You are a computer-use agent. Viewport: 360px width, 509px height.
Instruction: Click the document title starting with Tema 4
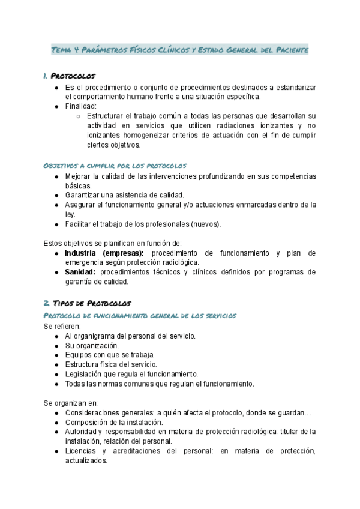coord(180,50)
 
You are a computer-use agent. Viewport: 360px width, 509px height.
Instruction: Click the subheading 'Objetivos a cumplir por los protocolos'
coord(115,165)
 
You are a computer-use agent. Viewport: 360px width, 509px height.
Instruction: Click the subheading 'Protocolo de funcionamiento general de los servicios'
coord(140,315)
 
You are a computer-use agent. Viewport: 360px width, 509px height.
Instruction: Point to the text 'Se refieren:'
coord(62,326)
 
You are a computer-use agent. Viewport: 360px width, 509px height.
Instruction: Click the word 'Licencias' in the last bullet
coord(82,451)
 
